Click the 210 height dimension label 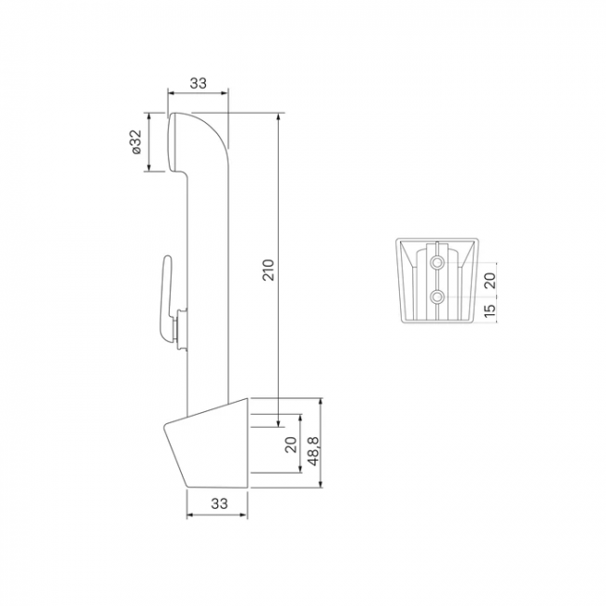[x=269, y=269]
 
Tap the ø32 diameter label [x=136, y=143]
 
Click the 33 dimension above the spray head [x=199, y=83]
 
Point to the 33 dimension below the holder [x=219, y=503]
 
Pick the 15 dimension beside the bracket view [x=489, y=310]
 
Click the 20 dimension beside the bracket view [x=489, y=281]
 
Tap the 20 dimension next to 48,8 [x=291, y=445]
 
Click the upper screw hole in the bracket [x=437, y=262]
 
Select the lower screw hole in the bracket [x=437, y=296]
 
